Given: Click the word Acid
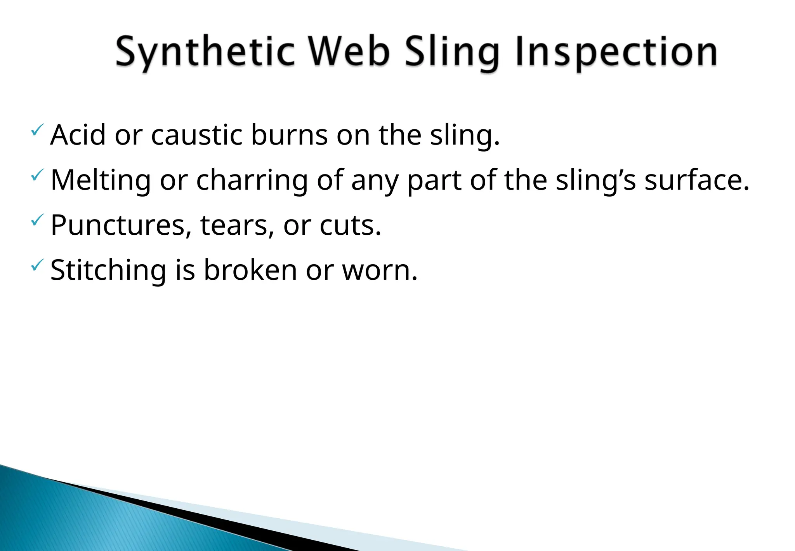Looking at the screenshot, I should (x=78, y=135).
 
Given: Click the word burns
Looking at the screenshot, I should (x=289, y=135).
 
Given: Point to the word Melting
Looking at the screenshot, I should (x=101, y=180).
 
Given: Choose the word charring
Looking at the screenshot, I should (x=252, y=180).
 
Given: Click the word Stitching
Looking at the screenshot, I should (x=108, y=270).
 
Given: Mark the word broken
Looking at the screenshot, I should (x=250, y=270).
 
